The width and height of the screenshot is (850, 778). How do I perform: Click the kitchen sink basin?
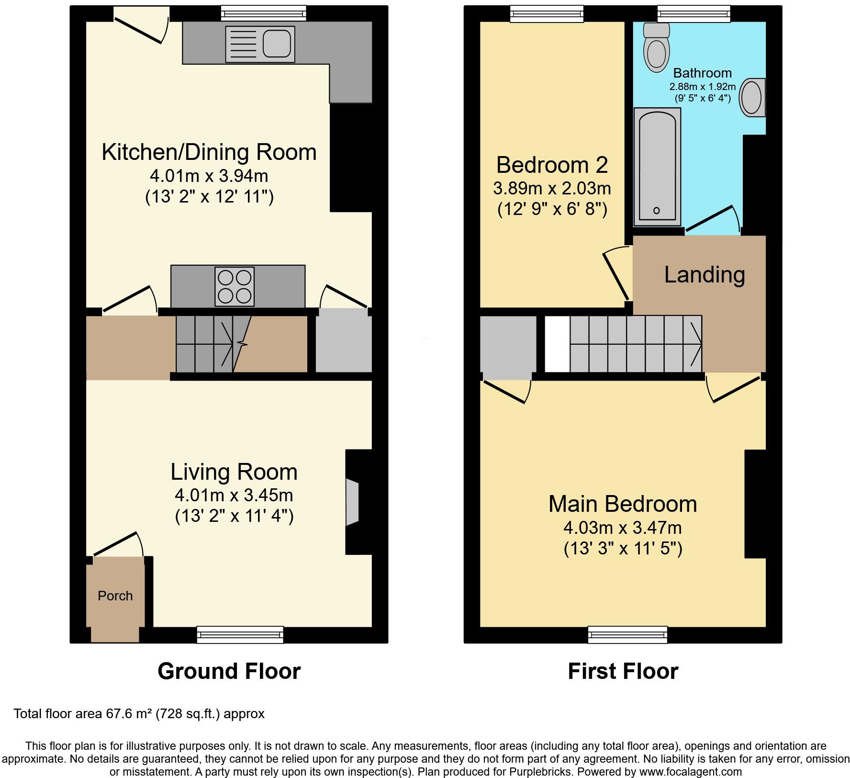[277, 44]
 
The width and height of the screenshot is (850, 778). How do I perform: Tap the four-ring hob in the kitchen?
[235, 287]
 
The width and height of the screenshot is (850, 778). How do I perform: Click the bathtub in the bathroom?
[657, 166]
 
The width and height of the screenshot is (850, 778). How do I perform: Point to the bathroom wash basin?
[752, 98]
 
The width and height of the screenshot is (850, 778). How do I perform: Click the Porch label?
[115, 596]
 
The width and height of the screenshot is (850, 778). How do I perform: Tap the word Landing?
[704, 275]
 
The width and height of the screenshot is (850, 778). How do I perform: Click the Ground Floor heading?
[229, 671]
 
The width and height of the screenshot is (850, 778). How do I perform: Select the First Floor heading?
[623, 671]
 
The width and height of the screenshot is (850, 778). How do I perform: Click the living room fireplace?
[353, 501]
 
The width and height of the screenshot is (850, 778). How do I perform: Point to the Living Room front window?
[240, 634]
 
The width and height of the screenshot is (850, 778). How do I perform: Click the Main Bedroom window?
[627, 634]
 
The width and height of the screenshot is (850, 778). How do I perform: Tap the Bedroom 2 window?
[547, 14]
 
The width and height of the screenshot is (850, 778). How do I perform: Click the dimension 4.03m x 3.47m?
[622, 528]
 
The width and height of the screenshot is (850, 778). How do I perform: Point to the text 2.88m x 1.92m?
[702, 87]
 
